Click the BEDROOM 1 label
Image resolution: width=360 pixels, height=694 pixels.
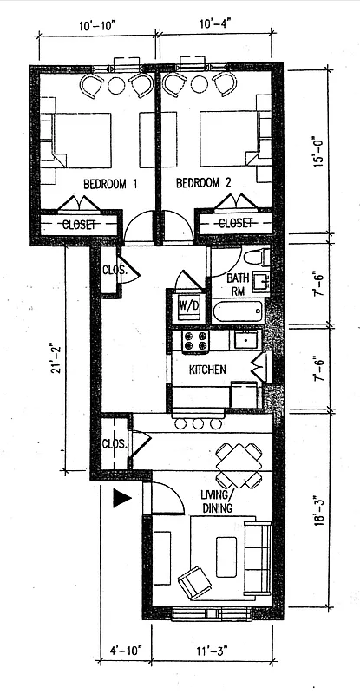111,184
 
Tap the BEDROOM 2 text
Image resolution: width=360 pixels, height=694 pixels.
204,184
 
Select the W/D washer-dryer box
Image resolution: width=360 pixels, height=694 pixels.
187,305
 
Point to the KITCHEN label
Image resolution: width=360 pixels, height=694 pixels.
207,370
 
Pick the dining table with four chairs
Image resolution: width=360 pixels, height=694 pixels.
239,465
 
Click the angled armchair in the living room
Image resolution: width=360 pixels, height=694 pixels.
194,581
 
